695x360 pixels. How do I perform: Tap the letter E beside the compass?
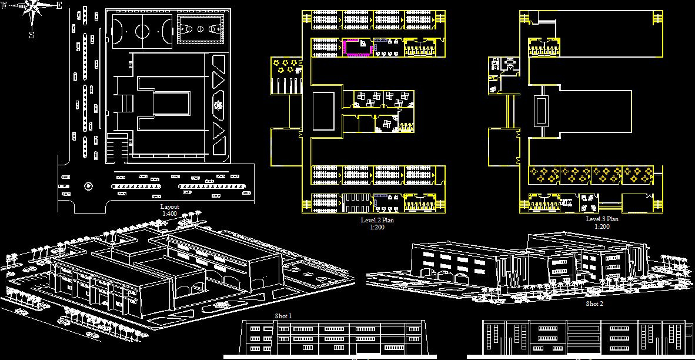coord(59,6)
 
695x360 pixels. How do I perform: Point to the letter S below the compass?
coord(32,35)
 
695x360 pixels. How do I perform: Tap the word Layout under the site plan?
coord(169,207)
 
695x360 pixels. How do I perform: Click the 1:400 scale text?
coord(169,214)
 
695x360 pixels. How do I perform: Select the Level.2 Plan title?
coord(377,220)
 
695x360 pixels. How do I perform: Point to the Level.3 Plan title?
coord(602,219)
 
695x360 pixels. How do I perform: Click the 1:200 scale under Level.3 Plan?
coord(602,226)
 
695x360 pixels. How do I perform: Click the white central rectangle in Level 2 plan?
coord(323,111)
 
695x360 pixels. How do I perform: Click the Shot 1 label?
coord(283,316)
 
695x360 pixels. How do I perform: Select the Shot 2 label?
coord(594,304)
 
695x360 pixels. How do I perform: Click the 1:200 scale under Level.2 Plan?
coord(377,227)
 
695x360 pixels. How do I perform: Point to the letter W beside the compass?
coord(4,6)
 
